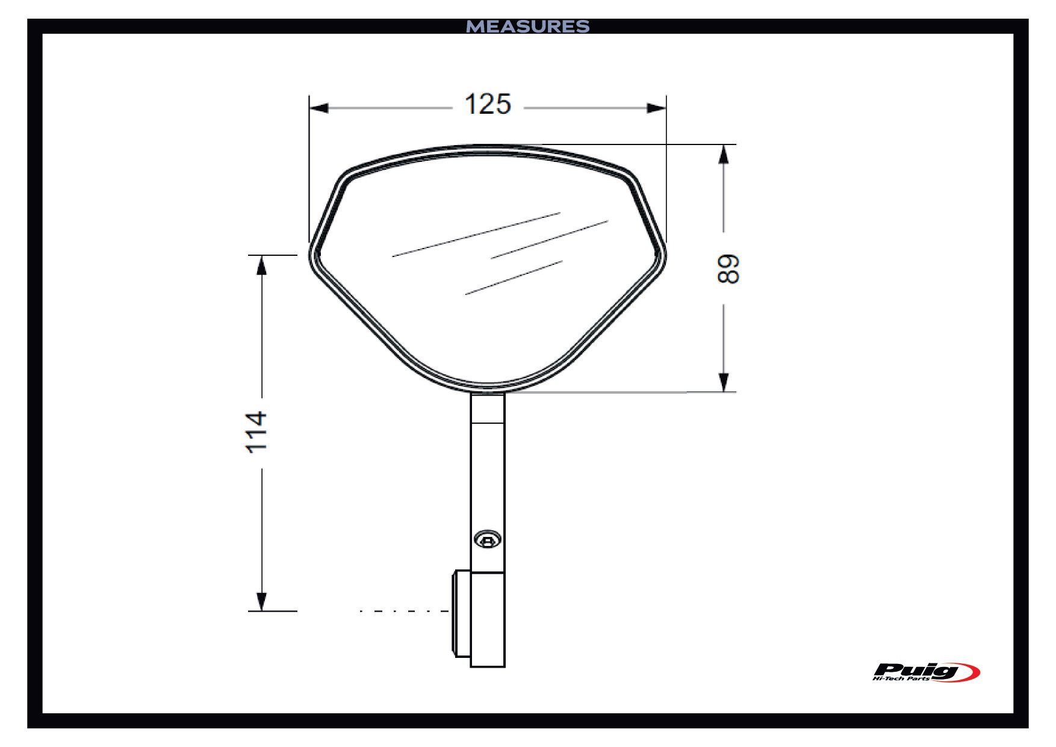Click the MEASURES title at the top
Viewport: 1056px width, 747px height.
(528, 26)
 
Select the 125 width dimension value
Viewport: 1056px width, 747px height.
(488, 104)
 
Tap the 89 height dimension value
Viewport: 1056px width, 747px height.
(728, 268)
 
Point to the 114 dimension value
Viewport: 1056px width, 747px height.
(256, 432)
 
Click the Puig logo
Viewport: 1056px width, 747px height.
(926, 672)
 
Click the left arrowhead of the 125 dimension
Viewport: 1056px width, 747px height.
(318, 108)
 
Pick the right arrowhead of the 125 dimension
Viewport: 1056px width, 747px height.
(656, 108)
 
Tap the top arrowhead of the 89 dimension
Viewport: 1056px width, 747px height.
(724, 154)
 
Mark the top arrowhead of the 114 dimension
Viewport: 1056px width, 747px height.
(261, 265)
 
